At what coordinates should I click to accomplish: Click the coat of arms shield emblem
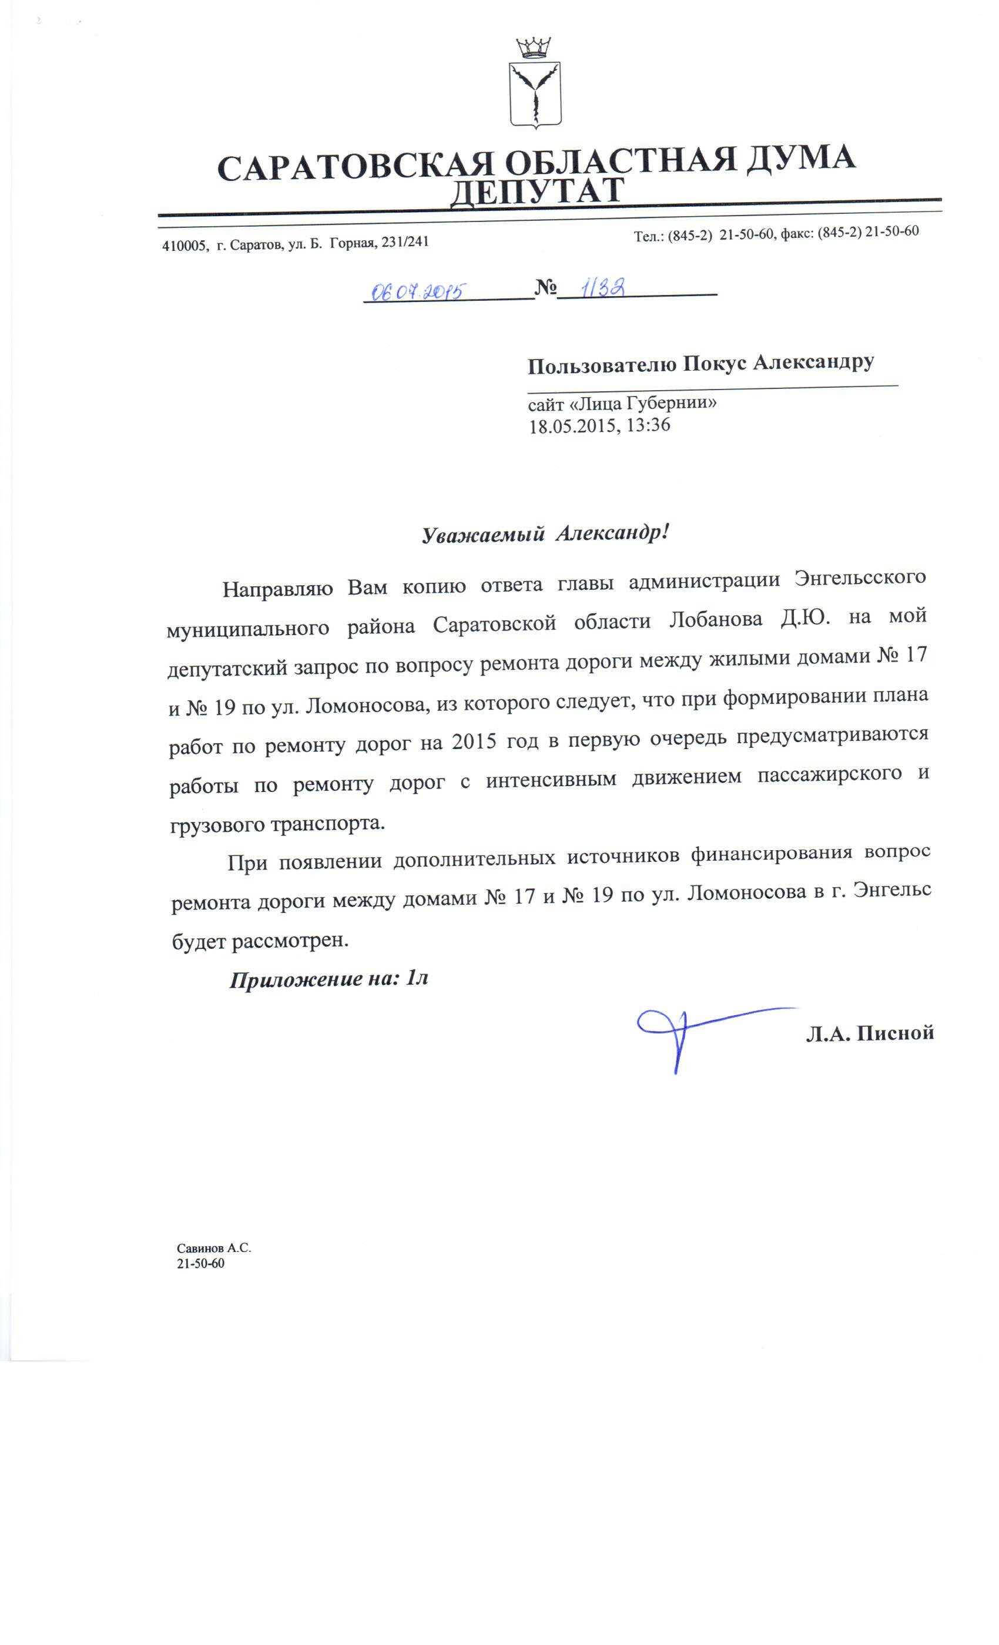pos(534,95)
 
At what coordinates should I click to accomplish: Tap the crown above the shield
pos(533,48)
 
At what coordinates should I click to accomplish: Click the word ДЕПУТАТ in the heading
pos(536,192)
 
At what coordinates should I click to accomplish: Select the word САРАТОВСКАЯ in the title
pos(356,167)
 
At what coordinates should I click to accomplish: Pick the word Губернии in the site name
pos(669,403)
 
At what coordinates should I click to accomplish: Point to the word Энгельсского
pos(859,577)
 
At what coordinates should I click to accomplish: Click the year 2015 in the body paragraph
pos(474,741)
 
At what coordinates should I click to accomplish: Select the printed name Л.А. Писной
pos(869,1033)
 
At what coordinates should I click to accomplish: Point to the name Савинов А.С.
pos(213,1248)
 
